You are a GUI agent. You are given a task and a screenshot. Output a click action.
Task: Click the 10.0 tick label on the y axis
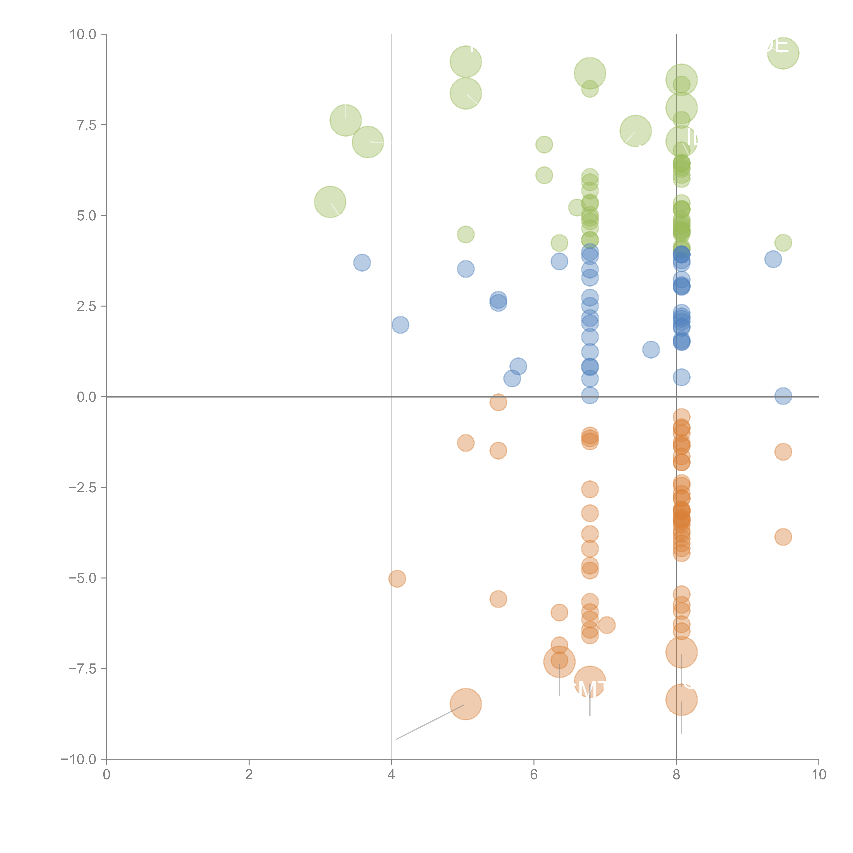[x=83, y=34]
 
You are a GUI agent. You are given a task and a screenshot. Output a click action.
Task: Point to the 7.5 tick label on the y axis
[x=86, y=125]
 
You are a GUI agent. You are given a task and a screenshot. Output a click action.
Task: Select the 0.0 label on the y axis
[x=86, y=397]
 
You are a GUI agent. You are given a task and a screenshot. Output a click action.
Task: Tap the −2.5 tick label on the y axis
[x=83, y=487]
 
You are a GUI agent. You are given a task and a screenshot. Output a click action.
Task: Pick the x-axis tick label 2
[x=249, y=775]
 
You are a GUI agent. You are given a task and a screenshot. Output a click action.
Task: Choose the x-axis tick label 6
[x=534, y=775]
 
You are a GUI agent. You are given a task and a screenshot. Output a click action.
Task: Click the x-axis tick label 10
[x=819, y=775]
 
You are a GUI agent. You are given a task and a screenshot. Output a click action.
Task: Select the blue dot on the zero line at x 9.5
[x=783, y=396]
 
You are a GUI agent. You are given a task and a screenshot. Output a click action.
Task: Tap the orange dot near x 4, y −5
[x=397, y=579]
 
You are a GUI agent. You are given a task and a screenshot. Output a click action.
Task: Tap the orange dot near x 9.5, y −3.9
[x=783, y=537]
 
